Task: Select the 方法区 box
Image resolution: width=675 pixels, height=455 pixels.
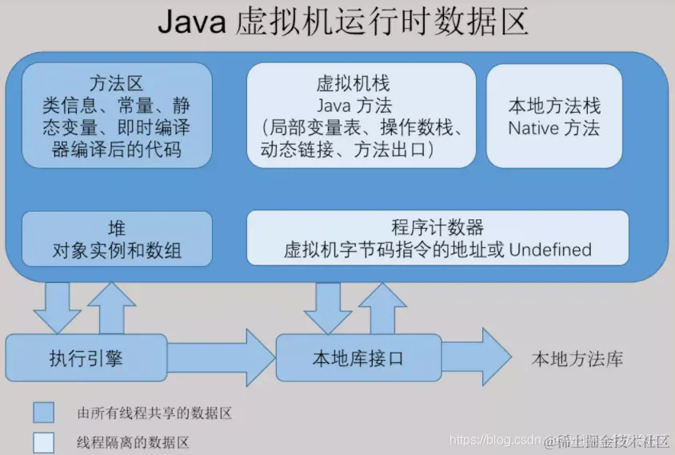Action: point(117,115)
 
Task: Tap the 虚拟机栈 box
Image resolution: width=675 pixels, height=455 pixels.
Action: point(361,115)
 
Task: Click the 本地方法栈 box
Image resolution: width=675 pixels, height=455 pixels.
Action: point(554,116)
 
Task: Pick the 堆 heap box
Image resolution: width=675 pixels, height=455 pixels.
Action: point(117,238)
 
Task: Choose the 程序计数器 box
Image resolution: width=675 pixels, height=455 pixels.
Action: point(437,238)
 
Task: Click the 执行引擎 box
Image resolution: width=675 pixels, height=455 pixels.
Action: point(86,357)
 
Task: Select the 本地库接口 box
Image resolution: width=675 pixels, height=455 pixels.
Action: point(358,357)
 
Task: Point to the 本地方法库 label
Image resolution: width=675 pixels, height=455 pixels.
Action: point(577,359)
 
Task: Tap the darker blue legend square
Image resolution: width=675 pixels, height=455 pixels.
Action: point(43,413)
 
